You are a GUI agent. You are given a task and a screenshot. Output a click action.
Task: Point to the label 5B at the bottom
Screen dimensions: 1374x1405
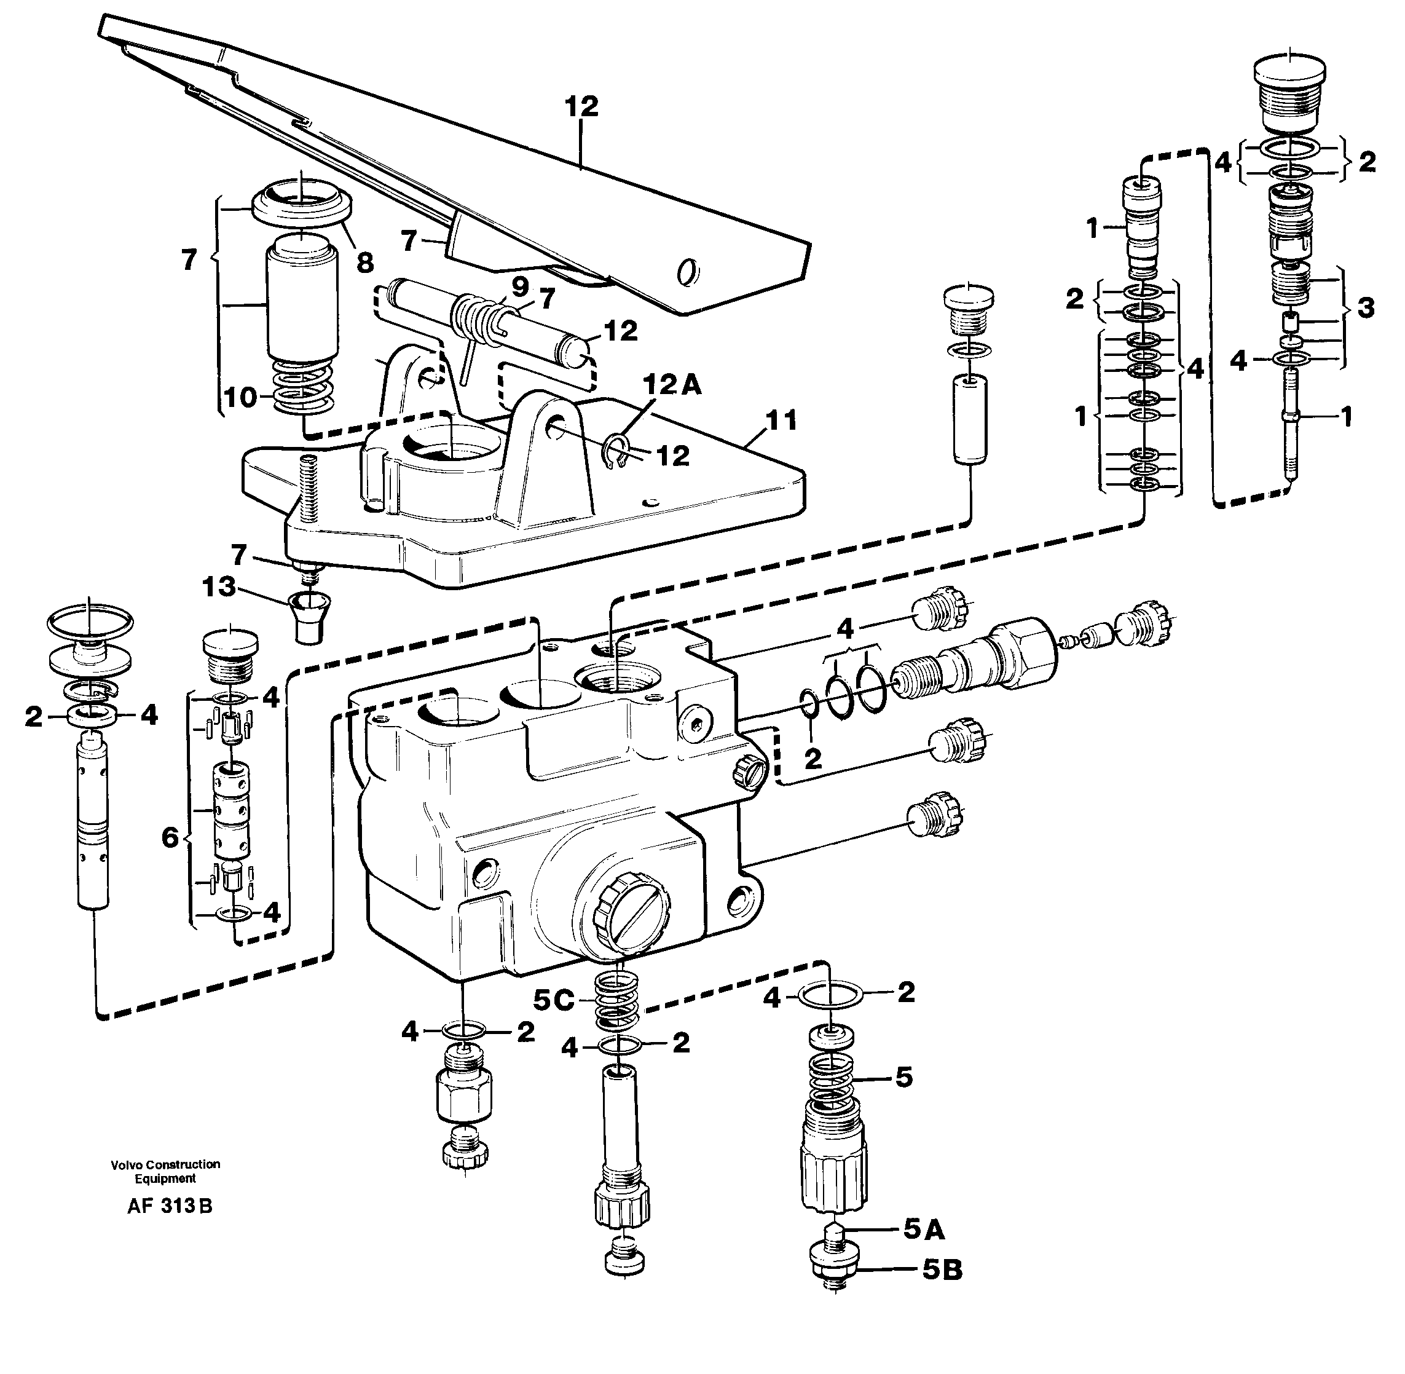[942, 1270]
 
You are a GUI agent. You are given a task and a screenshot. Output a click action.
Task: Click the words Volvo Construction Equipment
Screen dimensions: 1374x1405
[165, 1171]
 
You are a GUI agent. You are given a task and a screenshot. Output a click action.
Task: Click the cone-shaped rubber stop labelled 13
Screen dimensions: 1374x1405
[309, 617]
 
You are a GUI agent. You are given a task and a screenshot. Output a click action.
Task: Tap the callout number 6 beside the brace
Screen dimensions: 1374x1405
[170, 838]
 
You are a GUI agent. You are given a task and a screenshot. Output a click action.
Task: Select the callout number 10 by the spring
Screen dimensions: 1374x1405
[240, 397]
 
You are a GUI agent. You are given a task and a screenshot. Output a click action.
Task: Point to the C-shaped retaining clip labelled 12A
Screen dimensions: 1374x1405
[613, 452]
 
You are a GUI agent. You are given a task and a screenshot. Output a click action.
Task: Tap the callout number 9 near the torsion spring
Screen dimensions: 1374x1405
[519, 286]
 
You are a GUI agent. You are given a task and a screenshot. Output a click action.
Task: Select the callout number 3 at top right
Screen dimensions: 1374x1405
[1364, 307]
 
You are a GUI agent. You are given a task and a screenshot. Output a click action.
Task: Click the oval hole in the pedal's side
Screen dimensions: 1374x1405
[689, 273]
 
